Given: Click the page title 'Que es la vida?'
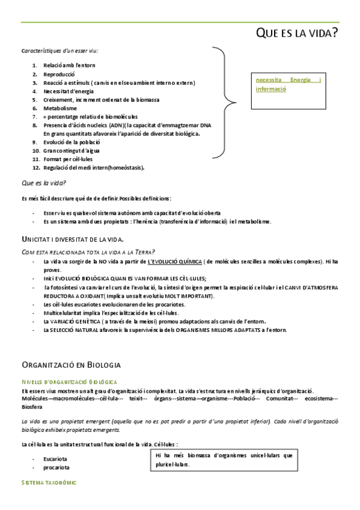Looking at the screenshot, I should click(x=296, y=33).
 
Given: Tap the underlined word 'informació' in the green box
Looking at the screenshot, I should click(x=270, y=88).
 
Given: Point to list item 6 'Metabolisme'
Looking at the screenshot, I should click(x=60, y=108).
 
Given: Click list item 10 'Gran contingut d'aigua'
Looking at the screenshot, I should click(x=70, y=150).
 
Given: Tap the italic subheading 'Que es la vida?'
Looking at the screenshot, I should click(x=44, y=182).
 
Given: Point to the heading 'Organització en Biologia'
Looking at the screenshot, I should click(x=71, y=364).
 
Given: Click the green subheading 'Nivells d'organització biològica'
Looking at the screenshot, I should click(x=69, y=382).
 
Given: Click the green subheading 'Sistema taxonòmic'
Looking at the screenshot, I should click(x=49, y=483).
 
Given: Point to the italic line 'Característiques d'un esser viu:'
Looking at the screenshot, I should click(x=60, y=51).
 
